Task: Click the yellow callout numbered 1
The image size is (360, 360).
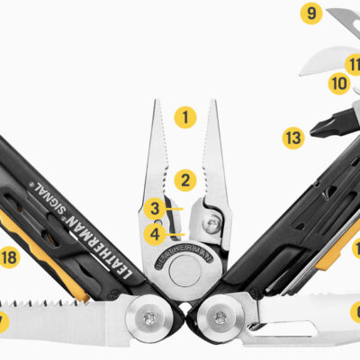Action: pos(184,116)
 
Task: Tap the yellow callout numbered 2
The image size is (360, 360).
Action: pos(184,180)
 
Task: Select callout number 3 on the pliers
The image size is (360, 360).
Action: pos(155,209)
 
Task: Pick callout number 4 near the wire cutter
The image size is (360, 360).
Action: pos(155,236)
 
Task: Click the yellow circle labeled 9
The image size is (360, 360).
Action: pos(311,13)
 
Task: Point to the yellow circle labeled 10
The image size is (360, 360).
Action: pos(338,84)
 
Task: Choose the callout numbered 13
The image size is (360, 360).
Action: pos(293,138)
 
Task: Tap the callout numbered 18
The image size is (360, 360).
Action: pos(9,258)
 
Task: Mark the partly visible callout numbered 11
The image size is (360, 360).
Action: pos(354,65)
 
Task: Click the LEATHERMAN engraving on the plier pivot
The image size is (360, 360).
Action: pos(180,256)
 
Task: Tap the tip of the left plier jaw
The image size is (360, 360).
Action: pos(156,103)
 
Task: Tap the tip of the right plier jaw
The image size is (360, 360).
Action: pos(214,103)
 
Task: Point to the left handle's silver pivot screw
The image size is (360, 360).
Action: pos(149,316)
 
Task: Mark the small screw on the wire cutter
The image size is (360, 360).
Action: pos(211,220)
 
